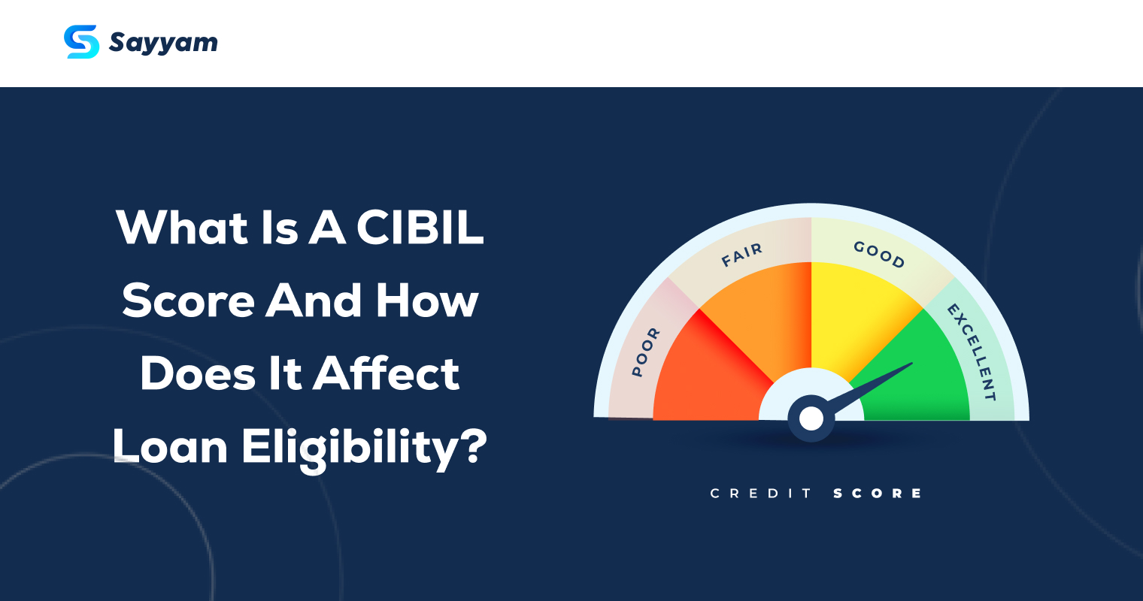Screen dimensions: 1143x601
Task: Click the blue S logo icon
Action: click(x=82, y=42)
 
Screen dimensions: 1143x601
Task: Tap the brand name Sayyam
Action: click(x=163, y=43)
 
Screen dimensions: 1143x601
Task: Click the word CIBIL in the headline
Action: click(x=420, y=227)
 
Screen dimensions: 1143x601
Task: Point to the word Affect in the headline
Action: click(x=387, y=373)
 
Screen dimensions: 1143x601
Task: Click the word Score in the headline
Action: click(x=188, y=300)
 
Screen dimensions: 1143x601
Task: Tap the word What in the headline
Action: click(x=182, y=227)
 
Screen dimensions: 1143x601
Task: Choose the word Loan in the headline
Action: click(x=170, y=446)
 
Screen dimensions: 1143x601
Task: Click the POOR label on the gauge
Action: click(x=645, y=352)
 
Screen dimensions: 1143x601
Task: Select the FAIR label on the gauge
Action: click(x=742, y=255)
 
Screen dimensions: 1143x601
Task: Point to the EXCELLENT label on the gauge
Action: click(x=972, y=352)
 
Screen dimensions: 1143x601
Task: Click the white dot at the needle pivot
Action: click(x=811, y=419)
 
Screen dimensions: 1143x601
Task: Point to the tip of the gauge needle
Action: click(x=912, y=363)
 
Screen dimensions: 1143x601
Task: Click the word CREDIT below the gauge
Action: click(x=761, y=494)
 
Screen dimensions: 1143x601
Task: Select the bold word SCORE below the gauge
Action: click(x=878, y=494)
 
